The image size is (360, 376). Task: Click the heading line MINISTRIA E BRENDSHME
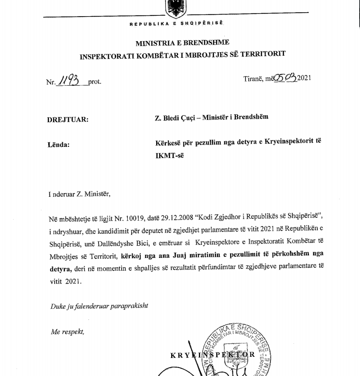point(182,43)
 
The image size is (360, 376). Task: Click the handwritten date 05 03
point(285,78)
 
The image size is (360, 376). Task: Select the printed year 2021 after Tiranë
point(304,78)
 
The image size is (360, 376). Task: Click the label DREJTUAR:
point(68,120)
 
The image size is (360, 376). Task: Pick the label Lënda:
point(58,145)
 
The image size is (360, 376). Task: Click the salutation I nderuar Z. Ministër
point(80,194)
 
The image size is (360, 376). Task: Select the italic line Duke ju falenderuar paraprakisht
point(99,306)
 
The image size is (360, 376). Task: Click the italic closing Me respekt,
point(67,332)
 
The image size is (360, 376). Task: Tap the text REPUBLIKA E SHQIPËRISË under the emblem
point(176,23)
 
